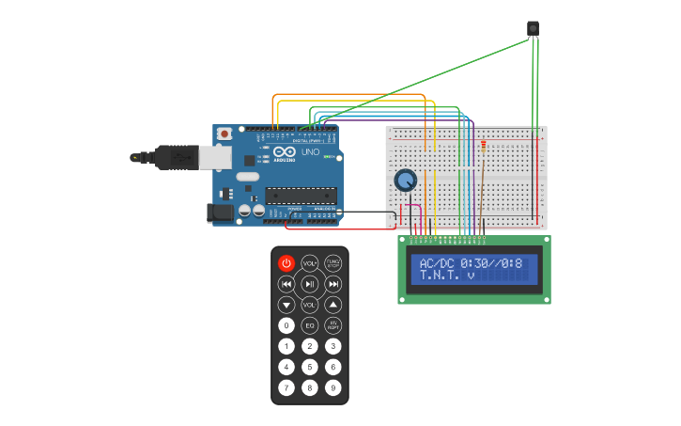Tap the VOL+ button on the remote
(x=309, y=263)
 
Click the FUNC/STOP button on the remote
(x=333, y=263)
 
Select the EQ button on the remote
(x=309, y=325)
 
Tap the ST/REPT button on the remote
(x=333, y=325)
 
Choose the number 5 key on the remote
(x=309, y=367)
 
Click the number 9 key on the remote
(x=333, y=387)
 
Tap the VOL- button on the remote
(x=309, y=305)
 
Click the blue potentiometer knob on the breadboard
(x=406, y=180)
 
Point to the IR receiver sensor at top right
(x=533, y=29)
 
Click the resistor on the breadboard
(x=484, y=145)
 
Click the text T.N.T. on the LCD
(x=440, y=276)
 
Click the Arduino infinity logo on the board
(x=285, y=151)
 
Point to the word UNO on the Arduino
(x=309, y=151)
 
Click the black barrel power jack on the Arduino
(x=221, y=213)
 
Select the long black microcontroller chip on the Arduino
(x=301, y=196)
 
